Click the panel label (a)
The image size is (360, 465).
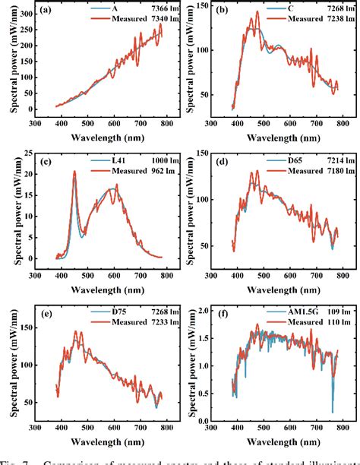point(46,11)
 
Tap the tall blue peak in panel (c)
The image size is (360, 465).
point(74,173)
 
